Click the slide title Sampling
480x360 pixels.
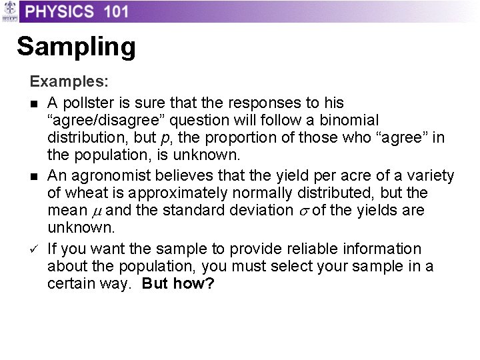(x=76, y=47)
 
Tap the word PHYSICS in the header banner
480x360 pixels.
(x=57, y=11)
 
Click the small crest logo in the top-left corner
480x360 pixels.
(x=9, y=11)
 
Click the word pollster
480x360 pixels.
(x=85, y=103)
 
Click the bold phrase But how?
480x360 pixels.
(x=178, y=284)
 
